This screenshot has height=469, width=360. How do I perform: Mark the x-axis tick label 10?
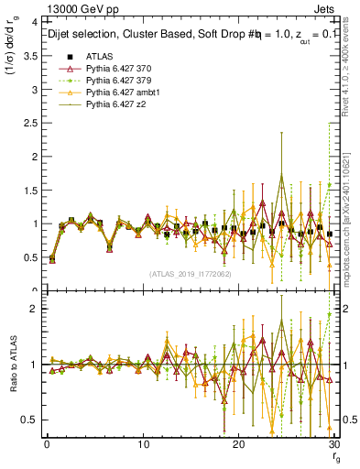click(x=143, y=445)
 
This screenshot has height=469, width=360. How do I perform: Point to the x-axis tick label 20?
click(x=239, y=445)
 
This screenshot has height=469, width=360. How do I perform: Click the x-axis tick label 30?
click(x=333, y=445)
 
